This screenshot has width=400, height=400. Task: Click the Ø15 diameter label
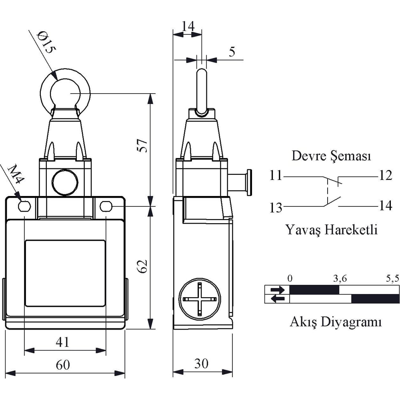(x=46, y=42)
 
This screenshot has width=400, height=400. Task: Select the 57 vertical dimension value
(x=142, y=146)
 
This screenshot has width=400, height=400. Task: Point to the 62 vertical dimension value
(x=142, y=266)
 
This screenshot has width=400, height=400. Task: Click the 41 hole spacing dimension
(x=62, y=342)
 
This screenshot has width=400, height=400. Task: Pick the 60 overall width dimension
(x=63, y=365)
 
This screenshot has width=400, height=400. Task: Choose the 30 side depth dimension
(x=201, y=363)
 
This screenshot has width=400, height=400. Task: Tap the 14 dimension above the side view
(x=188, y=26)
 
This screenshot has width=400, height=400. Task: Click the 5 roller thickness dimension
(x=232, y=52)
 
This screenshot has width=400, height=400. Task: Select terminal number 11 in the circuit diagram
(x=276, y=176)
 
